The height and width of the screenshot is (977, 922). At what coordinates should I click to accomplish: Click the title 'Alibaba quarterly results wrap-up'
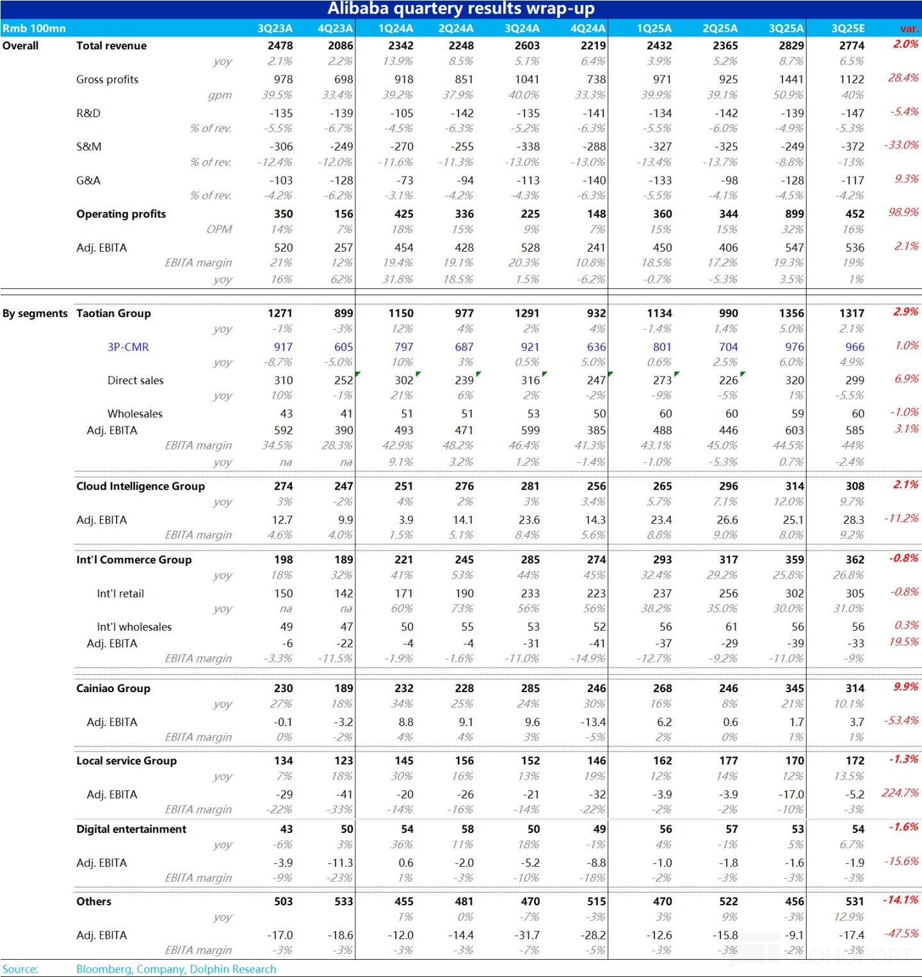[x=461, y=9]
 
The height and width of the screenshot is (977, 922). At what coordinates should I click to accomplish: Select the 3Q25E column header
[x=848, y=28]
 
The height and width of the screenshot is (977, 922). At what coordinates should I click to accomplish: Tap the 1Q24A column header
[x=396, y=28]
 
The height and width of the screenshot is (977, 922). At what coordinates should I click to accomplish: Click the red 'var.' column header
[x=909, y=28]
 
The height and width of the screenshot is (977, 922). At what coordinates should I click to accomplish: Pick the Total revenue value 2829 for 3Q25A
[x=791, y=45]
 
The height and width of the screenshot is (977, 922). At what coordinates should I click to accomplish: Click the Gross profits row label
[x=107, y=79]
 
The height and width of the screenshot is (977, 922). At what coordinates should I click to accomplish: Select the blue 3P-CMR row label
[x=128, y=347]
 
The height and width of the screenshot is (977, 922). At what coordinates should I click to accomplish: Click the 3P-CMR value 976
[x=794, y=347]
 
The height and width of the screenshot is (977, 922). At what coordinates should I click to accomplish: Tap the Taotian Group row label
[x=113, y=313]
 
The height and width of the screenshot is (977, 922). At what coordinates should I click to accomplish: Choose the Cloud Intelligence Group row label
[x=140, y=486]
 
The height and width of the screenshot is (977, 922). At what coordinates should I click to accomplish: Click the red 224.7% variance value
[x=900, y=793]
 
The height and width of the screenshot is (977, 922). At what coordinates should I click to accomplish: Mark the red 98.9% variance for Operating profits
[x=903, y=212]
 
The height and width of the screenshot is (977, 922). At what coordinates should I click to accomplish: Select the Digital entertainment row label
[x=131, y=829]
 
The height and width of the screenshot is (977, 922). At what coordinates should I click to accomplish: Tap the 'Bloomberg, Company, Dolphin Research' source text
[x=176, y=969]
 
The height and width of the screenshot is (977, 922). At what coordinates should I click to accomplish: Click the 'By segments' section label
[x=35, y=313]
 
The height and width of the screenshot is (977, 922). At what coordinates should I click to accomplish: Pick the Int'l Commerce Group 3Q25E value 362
[x=855, y=560]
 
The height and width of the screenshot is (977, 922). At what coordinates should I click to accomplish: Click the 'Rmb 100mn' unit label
[x=34, y=28]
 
